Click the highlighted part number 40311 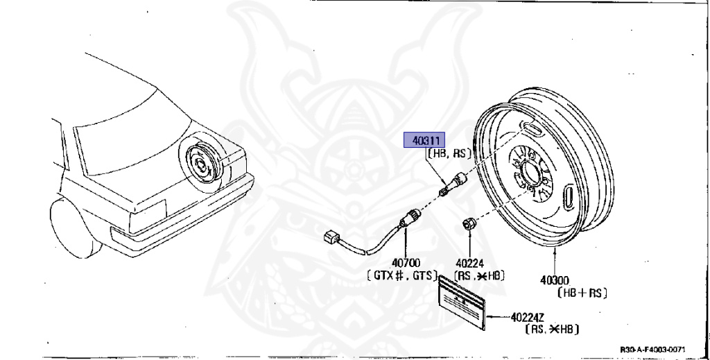pyautogui.click(x=424, y=140)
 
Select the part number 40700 pyautogui.click(x=406, y=263)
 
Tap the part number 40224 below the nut pyautogui.click(x=469, y=263)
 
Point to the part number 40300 pyautogui.click(x=555, y=280)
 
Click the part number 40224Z pyautogui.click(x=528, y=318)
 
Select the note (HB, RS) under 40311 pyautogui.click(x=449, y=153)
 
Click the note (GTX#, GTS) pyautogui.click(x=402, y=275)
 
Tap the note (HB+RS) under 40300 pyautogui.click(x=582, y=293)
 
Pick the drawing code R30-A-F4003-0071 pyautogui.click(x=652, y=349)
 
